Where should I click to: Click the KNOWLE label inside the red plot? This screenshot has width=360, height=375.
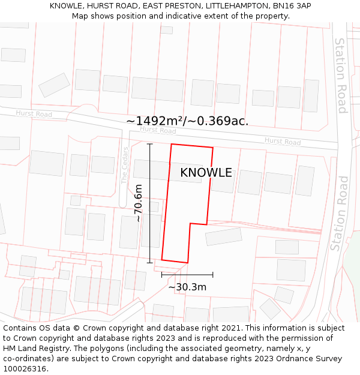(206, 173)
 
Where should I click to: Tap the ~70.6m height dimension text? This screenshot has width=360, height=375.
(139, 203)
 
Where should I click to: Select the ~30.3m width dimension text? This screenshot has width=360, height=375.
(187, 287)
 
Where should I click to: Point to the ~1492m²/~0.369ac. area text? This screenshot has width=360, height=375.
(187, 121)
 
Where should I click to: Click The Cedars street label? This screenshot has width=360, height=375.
(125, 165)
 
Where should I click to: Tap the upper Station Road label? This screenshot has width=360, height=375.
(341, 76)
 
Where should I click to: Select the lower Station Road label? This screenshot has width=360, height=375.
(340, 213)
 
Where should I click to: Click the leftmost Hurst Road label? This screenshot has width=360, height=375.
(34, 113)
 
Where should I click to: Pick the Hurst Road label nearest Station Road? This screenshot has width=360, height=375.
(283, 142)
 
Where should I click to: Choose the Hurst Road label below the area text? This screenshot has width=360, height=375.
(157, 130)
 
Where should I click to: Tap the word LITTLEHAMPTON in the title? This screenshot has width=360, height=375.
(231, 5)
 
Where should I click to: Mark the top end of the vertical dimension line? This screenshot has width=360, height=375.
(150, 144)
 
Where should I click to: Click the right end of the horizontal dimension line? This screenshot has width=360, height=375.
(212, 275)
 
